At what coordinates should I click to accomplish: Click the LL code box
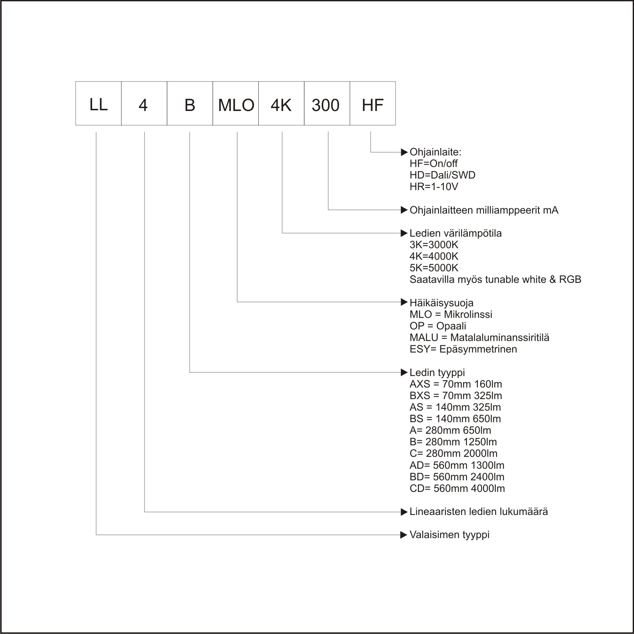[x=98, y=103]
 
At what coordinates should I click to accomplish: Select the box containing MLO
[x=236, y=103]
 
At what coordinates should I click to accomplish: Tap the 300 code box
[x=327, y=103]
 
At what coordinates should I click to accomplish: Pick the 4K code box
[x=281, y=103]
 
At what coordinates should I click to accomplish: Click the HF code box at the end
[x=373, y=103]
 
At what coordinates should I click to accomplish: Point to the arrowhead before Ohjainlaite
[x=404, y=152]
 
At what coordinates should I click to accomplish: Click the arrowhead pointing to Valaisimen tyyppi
[x=404, y=535]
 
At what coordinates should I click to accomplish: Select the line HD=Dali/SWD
[x=443, y=175]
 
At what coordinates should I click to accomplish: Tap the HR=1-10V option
[x=434, y=187]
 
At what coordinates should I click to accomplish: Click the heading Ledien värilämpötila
[x=455, y=233]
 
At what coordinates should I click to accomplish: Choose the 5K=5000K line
[x=434, y=268]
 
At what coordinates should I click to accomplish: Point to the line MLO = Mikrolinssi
[x=451, y=314]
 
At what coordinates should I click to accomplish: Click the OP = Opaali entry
[x=438, y=326]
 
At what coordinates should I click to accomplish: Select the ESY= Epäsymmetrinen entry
[x=463, y=349]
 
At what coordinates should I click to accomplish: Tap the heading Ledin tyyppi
[x=437, y=372]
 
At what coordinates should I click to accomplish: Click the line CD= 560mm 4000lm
[x=457, y=488]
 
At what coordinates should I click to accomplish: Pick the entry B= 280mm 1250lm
[x=453, y=442]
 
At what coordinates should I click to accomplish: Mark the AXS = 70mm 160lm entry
[x=456, y=384]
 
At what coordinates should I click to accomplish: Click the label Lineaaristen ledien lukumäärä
[x=479, y=511]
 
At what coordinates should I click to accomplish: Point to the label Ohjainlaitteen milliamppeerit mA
[x=484, y=210]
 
